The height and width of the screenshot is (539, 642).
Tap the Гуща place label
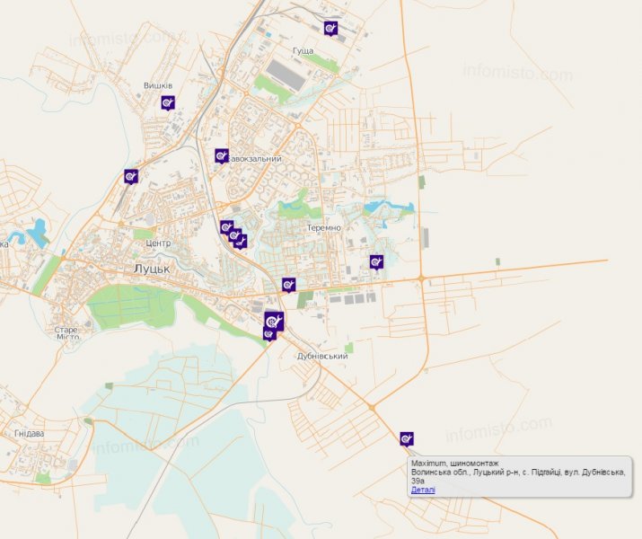coord(303,50)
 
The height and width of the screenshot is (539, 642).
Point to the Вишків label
coord(158,86)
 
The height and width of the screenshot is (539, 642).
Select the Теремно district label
coord(323,228)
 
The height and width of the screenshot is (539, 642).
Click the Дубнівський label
coord(321,357)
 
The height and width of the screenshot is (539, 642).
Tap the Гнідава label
coord(29,433)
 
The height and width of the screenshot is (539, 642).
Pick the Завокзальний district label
coord(255,159)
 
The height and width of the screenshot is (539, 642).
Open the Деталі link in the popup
coord(423,490)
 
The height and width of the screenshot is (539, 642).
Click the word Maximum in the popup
coord(429,463)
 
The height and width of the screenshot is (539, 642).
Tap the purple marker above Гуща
coord(331,29)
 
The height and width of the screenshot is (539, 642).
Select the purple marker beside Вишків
coord(168,102)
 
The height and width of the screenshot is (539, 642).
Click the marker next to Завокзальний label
coord(222,155)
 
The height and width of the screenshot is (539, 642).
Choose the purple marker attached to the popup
coord(407,438)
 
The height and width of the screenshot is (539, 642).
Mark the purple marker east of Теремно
coord(376,261)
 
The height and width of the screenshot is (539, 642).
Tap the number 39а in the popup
coord(418,481)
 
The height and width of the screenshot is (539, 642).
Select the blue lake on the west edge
coord(39,234)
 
